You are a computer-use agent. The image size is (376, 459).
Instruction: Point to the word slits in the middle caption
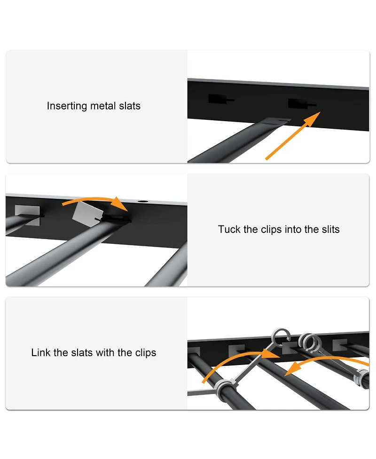click(330, 229)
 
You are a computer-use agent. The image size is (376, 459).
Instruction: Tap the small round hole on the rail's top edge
click(143, 202)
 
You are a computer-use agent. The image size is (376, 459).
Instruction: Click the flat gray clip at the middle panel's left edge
click(27, 215)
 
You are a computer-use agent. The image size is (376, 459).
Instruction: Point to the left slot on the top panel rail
click(221, 99)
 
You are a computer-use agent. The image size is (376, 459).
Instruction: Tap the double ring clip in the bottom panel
click(310, 342)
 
